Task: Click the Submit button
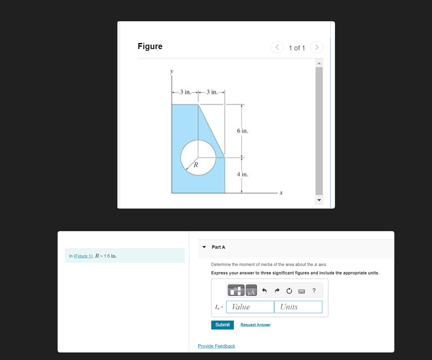(x=222, y=325)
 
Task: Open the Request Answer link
(x=255, y=325)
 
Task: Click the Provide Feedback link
(x=216, y=346)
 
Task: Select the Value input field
(x=250, y=307)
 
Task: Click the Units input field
(x=298, y=307)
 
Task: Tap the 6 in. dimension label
(x=243, y=131)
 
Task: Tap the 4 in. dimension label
(x=242, y=174)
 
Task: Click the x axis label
(x=281, y=193)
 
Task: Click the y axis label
(x=172, y=71)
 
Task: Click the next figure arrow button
(x=317, y=47)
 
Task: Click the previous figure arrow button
(x=277, y=47)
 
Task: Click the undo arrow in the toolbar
(x=265, y=291)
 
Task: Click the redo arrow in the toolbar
(x=277, y=291)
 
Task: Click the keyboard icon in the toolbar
(x=302, y=291)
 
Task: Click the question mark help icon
(x=314, y=291)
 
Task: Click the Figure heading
(x=150, y=46)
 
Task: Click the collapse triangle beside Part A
(x=204, y=247)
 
